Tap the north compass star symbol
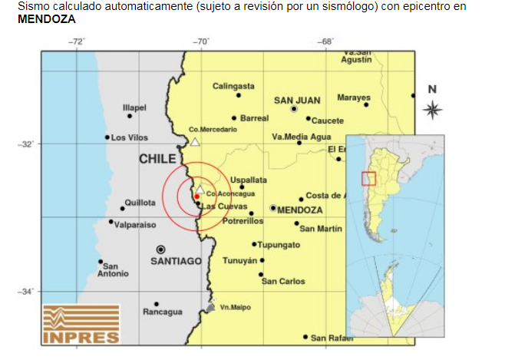pyautogui.click(x=432, y=109)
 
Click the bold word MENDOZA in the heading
pyautogui.click(x=46, y=18)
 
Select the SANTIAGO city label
pyautogui.click(x=176, y=261)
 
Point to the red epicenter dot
pyautogui.click(x=197, y=197)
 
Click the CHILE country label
pyautogui.click(x=158, y=159)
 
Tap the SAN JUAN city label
pyautogui.click(x=297, y=100)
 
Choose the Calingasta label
pyautogui.click(x=233, y=86)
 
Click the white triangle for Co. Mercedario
pyautogui.click(x=195, y=141)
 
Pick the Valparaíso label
pyautogui.click(x=135, y=224)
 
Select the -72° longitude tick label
pyautogui.click(x=76, y=41)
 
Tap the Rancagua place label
pyautogui.click(x=163, y=312)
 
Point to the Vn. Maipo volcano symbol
pyautogui.click(x=210, y=307)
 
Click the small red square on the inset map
pyautogui.click(x=368, y=178)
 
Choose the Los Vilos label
pyautogui.click(x=129, y=137)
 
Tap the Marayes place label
pyautogui.click(x=353, y=97)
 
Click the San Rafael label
pyautogui.click(x=332, y=338)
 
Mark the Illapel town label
pyautogui.click(x=134, y=107)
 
